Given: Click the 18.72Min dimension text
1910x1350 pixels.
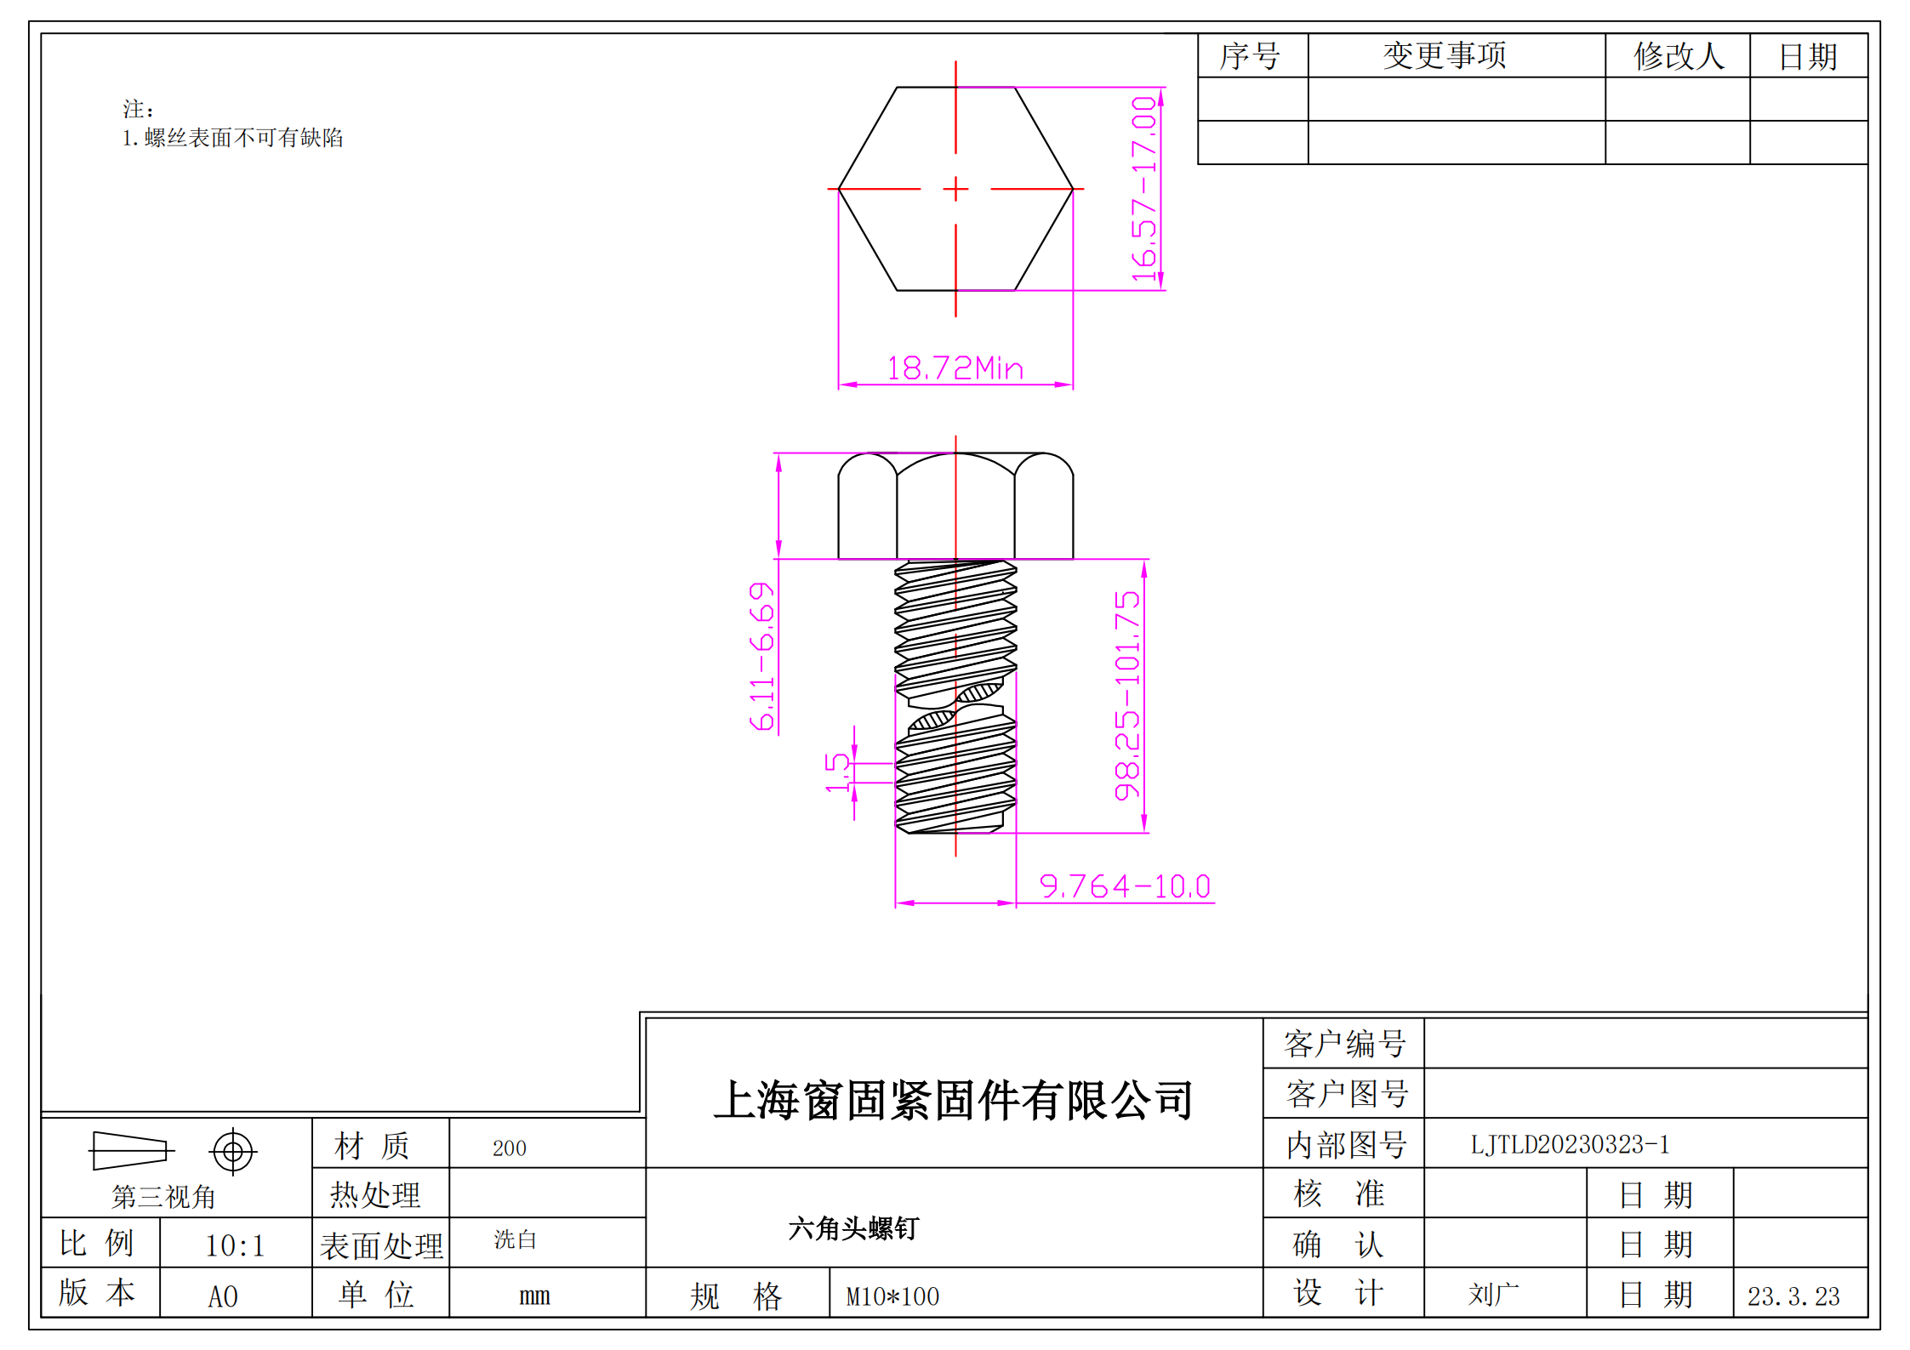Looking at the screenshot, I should (955, 368).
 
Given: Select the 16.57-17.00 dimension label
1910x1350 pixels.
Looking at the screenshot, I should (1144, 189).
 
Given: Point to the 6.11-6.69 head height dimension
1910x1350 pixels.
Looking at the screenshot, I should (762, 656).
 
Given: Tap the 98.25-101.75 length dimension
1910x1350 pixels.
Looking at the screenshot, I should (1127, 695).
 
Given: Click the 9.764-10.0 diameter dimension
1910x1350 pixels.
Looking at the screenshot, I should (1124, 886).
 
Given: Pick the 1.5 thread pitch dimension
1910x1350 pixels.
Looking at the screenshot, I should (838, 772).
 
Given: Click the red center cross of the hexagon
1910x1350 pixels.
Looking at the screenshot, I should (955, 189).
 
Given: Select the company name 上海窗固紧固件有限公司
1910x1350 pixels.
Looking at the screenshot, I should (954, 1100).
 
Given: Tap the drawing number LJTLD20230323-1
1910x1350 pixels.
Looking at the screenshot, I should (1570, 1144).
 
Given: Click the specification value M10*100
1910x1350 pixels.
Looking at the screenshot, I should (892, 1296).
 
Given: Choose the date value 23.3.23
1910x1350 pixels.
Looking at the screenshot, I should (1793, 1296).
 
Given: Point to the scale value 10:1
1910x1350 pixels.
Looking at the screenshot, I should (235, 1245).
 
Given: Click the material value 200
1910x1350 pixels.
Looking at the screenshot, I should (509, 1148).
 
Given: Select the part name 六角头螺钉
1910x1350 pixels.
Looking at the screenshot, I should (853, 1228).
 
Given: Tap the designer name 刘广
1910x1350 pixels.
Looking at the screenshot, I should (1493, 1295).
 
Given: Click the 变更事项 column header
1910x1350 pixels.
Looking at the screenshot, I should (1445, 56).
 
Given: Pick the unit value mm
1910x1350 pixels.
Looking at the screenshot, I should (534, 1296).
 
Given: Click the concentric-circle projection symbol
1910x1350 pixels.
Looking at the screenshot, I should (232, 1152).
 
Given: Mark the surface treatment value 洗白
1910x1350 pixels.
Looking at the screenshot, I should (515, 1239).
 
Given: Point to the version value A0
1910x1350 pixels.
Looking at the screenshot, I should (223, 1296).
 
